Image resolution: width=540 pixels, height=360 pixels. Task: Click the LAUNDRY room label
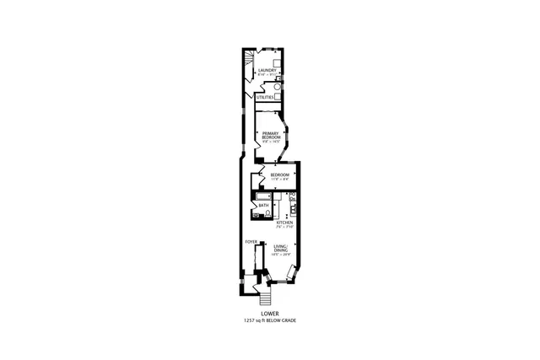click(x=267, y=70)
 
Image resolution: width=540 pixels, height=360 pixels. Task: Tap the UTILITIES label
click(x=265, y=97)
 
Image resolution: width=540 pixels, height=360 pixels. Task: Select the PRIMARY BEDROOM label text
click(x=271, y=135)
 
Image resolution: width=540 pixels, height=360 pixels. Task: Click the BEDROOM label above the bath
click(x=279, y=175)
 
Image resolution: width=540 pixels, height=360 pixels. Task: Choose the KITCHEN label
click(x=284, y=223)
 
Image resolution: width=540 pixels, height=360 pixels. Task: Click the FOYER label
click(x=251, y=242)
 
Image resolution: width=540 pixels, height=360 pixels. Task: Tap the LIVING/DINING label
click(x=282, y=247)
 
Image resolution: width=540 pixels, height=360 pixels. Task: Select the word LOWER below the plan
click(x=270, y=314)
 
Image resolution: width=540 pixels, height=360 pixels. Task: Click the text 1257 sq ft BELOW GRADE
click(x=270, y=321)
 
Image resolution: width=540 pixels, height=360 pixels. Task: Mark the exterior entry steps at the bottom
click(x=266, y=299)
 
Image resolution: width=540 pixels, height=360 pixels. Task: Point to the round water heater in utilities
click(x=277, y=87)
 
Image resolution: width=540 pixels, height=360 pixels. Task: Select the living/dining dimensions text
click(x=282, y=254)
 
